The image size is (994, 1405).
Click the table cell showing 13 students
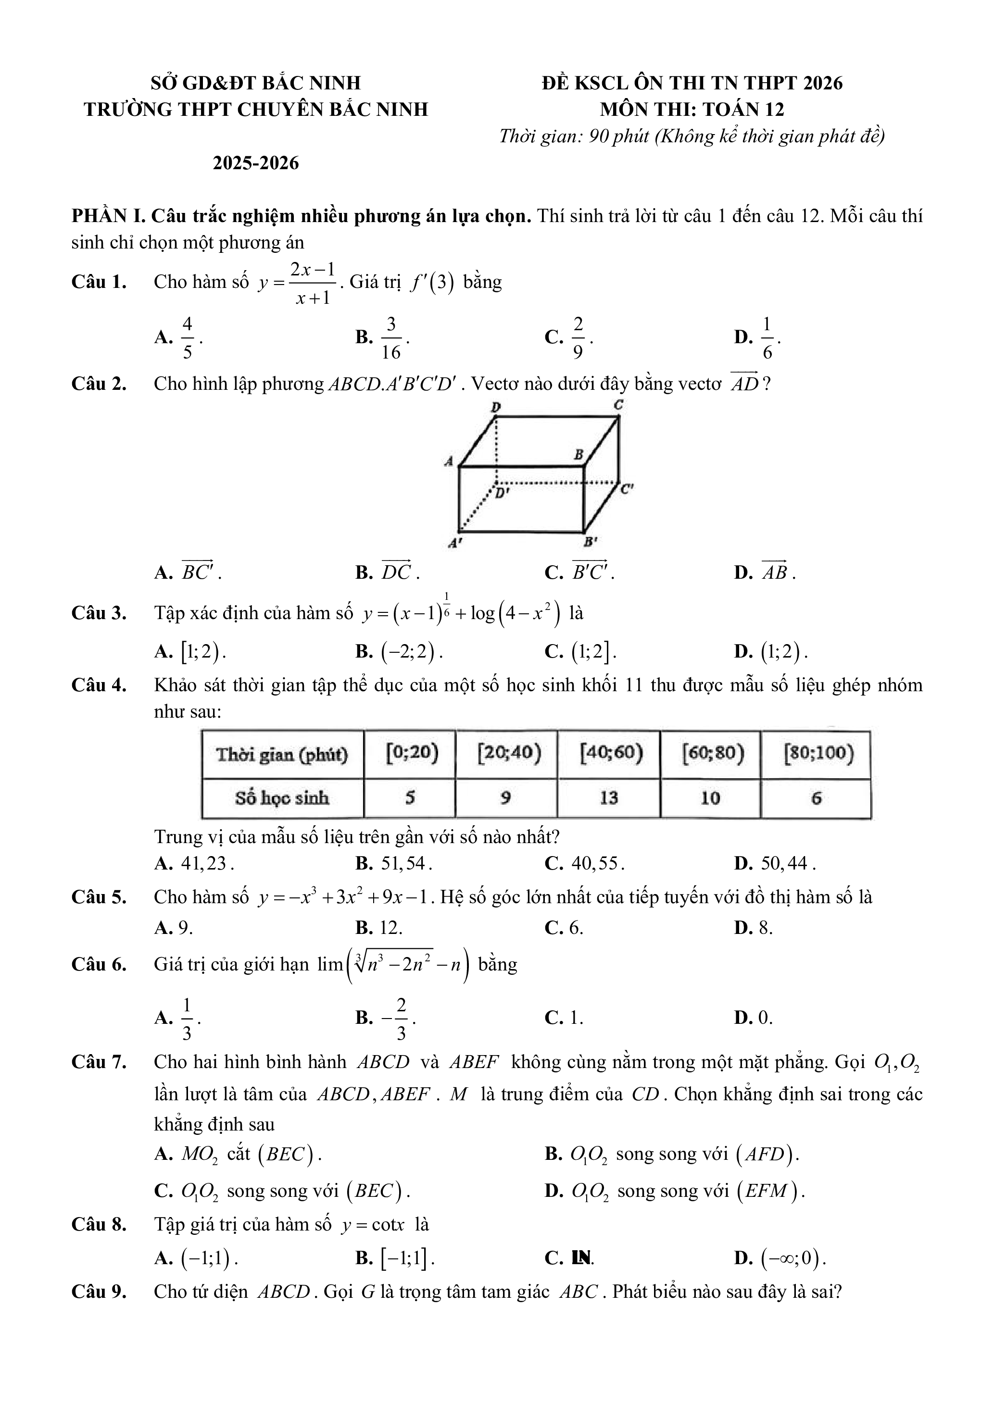608,798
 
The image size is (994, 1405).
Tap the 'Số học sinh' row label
282,798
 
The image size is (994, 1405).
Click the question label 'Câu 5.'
99,897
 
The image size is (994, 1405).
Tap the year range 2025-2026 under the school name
256,163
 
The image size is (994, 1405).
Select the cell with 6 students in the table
816,798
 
